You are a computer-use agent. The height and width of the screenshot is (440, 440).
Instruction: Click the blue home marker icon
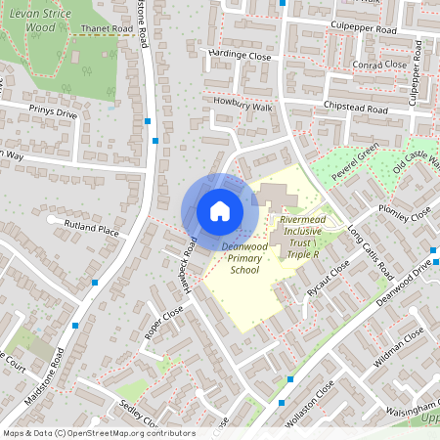[x=220, y=210]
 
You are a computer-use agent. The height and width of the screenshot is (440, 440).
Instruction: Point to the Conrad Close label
[x=379, y=66]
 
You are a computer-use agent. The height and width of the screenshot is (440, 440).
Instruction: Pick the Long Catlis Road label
[x=370, y=251]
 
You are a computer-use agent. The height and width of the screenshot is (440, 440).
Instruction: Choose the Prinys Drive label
[x=52, y=112]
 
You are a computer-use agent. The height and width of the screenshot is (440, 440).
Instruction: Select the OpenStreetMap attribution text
[x=98, y=433]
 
